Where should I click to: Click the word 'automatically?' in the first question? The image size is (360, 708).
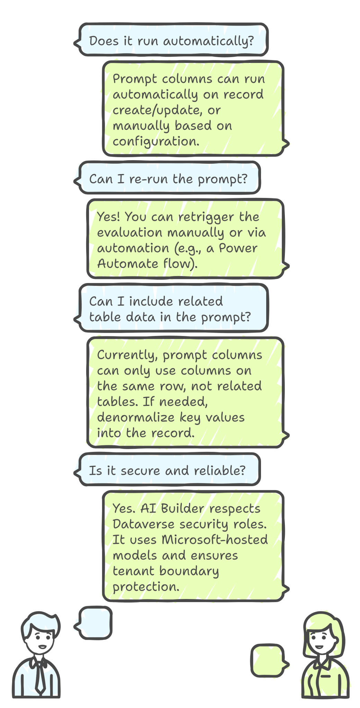click(x=208, y=41)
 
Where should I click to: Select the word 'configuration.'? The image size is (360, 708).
click(x=156, y=142)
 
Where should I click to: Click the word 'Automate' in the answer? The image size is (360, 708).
click(x=127, y=264)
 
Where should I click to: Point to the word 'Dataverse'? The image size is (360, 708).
click(x=143, y=524)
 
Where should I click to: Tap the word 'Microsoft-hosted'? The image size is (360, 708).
click(x=215, y=540)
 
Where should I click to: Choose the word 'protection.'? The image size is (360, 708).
click(x=146, y=587)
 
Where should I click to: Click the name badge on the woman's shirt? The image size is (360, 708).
click(x=325, y=675)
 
